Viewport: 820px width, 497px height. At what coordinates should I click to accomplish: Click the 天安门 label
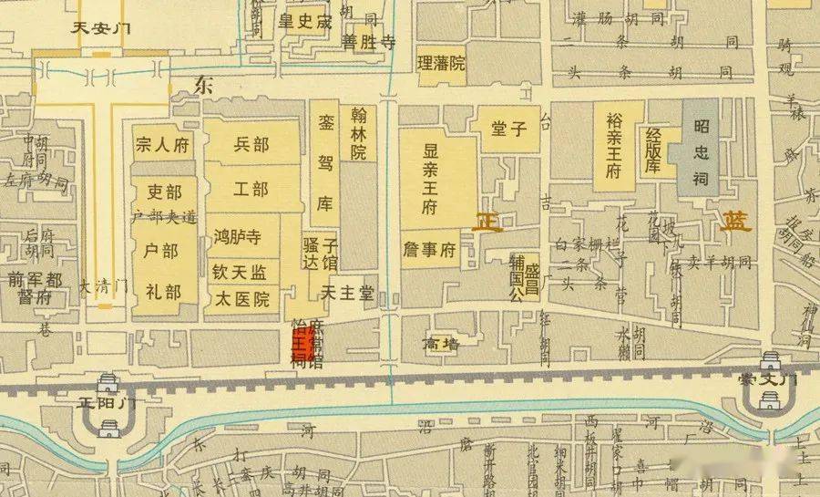(102, 27)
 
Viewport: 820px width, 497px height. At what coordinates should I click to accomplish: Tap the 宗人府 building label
(161, 144)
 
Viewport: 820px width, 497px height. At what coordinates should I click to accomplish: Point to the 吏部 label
(165, 193)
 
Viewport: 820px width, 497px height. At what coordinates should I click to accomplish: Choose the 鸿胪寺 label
(237, 239)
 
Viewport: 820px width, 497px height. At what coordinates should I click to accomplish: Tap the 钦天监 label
(239, 271)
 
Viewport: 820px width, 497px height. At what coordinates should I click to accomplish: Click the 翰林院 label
(358, 133)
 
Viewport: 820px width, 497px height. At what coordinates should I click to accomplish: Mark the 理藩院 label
(441, 64)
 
